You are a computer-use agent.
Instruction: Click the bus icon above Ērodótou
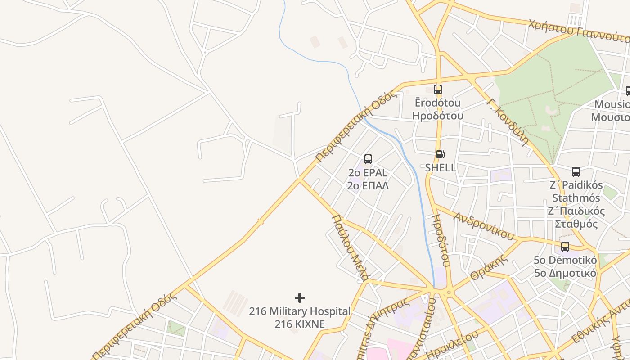click(x=437, y=89)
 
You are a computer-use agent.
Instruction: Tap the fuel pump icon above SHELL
click(x=440, y=154)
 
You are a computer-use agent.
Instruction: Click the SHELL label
click(x=441, y=168)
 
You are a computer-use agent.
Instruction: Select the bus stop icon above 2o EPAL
click(x=368, y=159)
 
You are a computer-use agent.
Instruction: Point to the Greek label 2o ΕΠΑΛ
click(x=368, y=185)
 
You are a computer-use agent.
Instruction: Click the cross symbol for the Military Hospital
click(x=300, y=298)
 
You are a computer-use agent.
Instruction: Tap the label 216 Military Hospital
click(x=300, y=311)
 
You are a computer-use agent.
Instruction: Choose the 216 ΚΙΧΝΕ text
click(x=300, y=324)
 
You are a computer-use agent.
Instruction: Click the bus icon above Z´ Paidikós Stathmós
click(x=576, y=171)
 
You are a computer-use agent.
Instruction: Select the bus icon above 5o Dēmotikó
click(x=565, y=247)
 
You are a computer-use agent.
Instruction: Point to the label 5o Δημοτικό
click(x=565, y=273)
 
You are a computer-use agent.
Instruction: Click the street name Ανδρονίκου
click(x=484, y=225)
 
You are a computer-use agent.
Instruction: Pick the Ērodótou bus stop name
click(x=437, y=103)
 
